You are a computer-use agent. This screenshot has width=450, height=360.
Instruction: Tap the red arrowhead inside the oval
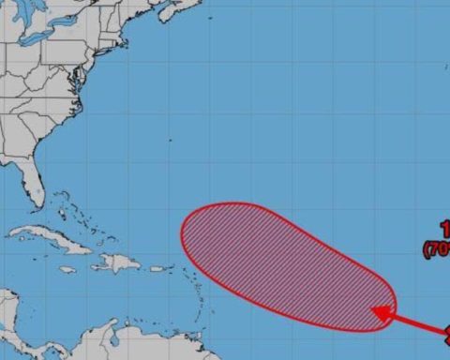380,312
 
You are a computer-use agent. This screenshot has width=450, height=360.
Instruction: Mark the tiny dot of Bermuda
169,142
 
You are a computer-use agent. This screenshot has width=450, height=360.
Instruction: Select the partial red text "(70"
437,248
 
